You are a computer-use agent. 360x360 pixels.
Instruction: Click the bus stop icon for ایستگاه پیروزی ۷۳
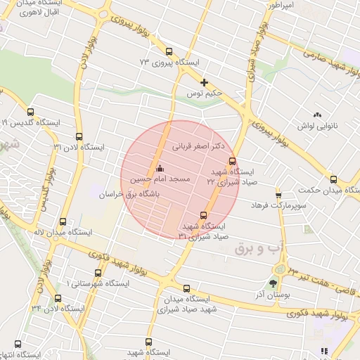pos(169,51)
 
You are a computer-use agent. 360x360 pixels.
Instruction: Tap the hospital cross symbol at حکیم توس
pos(205,82)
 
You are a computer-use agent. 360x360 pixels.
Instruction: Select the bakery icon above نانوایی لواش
pos(317,114)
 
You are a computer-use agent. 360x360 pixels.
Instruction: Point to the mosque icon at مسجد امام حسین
pos(159,168)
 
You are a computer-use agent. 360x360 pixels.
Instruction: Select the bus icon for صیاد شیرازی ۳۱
pos(204,215)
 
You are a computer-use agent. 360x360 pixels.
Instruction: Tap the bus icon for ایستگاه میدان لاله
pos(64,221)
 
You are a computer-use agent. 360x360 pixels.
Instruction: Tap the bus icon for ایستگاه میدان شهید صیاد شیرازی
pos(186,288)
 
